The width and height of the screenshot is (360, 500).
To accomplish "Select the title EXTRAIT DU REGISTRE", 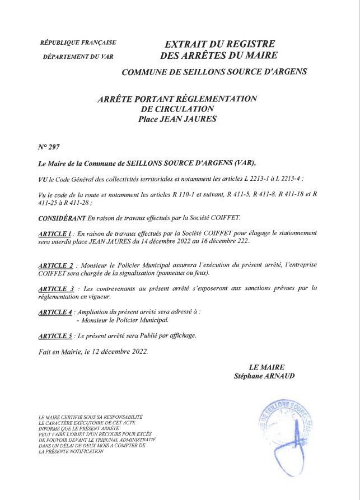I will pos(219,44).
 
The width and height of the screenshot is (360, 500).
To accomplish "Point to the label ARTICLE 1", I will pos(55,232).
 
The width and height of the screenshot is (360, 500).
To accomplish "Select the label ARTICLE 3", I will pos(55,288).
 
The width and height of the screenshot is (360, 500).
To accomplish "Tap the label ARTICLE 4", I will pos(55,312).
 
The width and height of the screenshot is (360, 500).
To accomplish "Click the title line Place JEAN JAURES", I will pos(177,119).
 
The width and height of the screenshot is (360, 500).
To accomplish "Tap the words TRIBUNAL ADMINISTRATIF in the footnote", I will pos(123,441).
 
